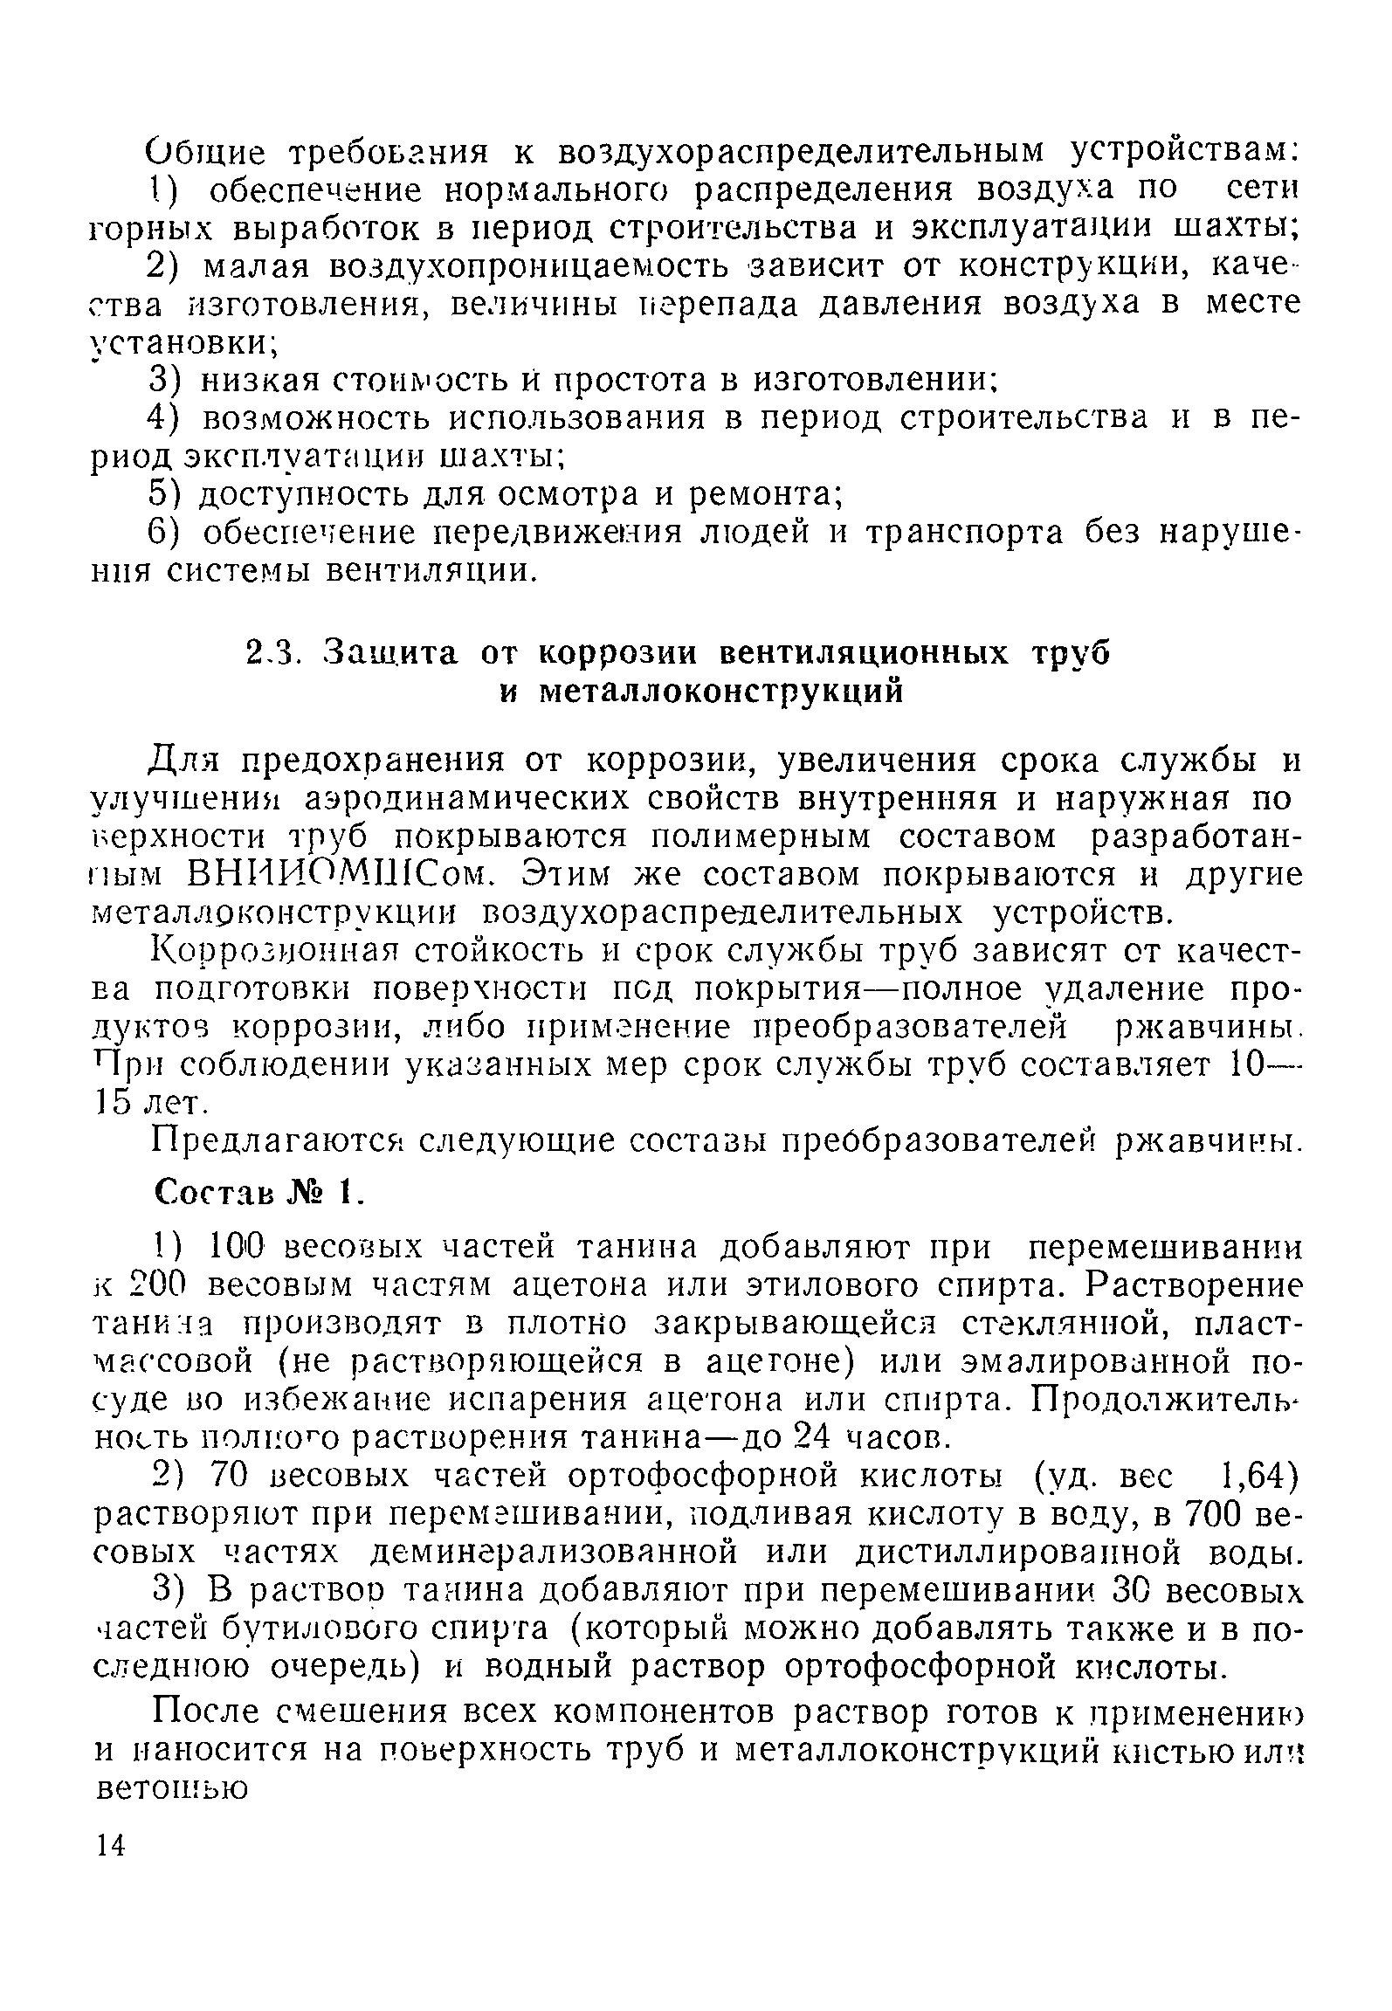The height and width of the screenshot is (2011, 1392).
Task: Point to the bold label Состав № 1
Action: click(258, 1191)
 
